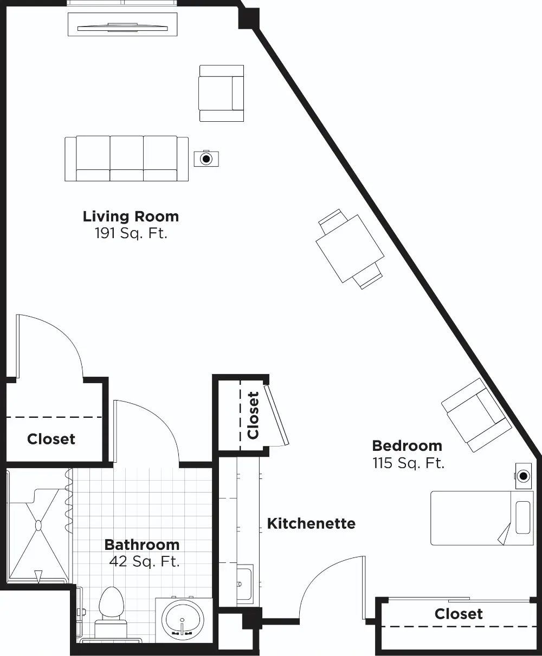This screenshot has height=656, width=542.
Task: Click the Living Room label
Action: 131,217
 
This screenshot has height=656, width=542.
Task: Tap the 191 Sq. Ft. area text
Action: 131,233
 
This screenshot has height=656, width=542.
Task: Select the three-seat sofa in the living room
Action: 126,159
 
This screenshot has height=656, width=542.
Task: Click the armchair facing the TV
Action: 221,93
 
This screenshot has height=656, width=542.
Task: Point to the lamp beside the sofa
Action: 207,159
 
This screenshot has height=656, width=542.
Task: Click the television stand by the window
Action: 122,24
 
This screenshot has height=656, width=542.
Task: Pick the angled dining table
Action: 350,248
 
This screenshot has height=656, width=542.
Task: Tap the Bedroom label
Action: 407,446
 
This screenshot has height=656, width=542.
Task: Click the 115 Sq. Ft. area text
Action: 408,463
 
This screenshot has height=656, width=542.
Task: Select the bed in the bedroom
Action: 482,519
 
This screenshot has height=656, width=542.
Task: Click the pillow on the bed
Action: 523,517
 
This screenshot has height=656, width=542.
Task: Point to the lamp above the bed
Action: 524,476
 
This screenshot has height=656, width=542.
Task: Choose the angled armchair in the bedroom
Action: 476,415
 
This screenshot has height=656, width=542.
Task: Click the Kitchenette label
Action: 311,524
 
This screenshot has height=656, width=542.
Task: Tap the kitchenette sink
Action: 245,584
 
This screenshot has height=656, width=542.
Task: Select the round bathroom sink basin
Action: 183,620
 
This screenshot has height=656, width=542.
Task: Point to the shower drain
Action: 38,526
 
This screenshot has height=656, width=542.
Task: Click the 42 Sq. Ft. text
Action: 144,561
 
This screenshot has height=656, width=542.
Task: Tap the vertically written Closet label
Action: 253,415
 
